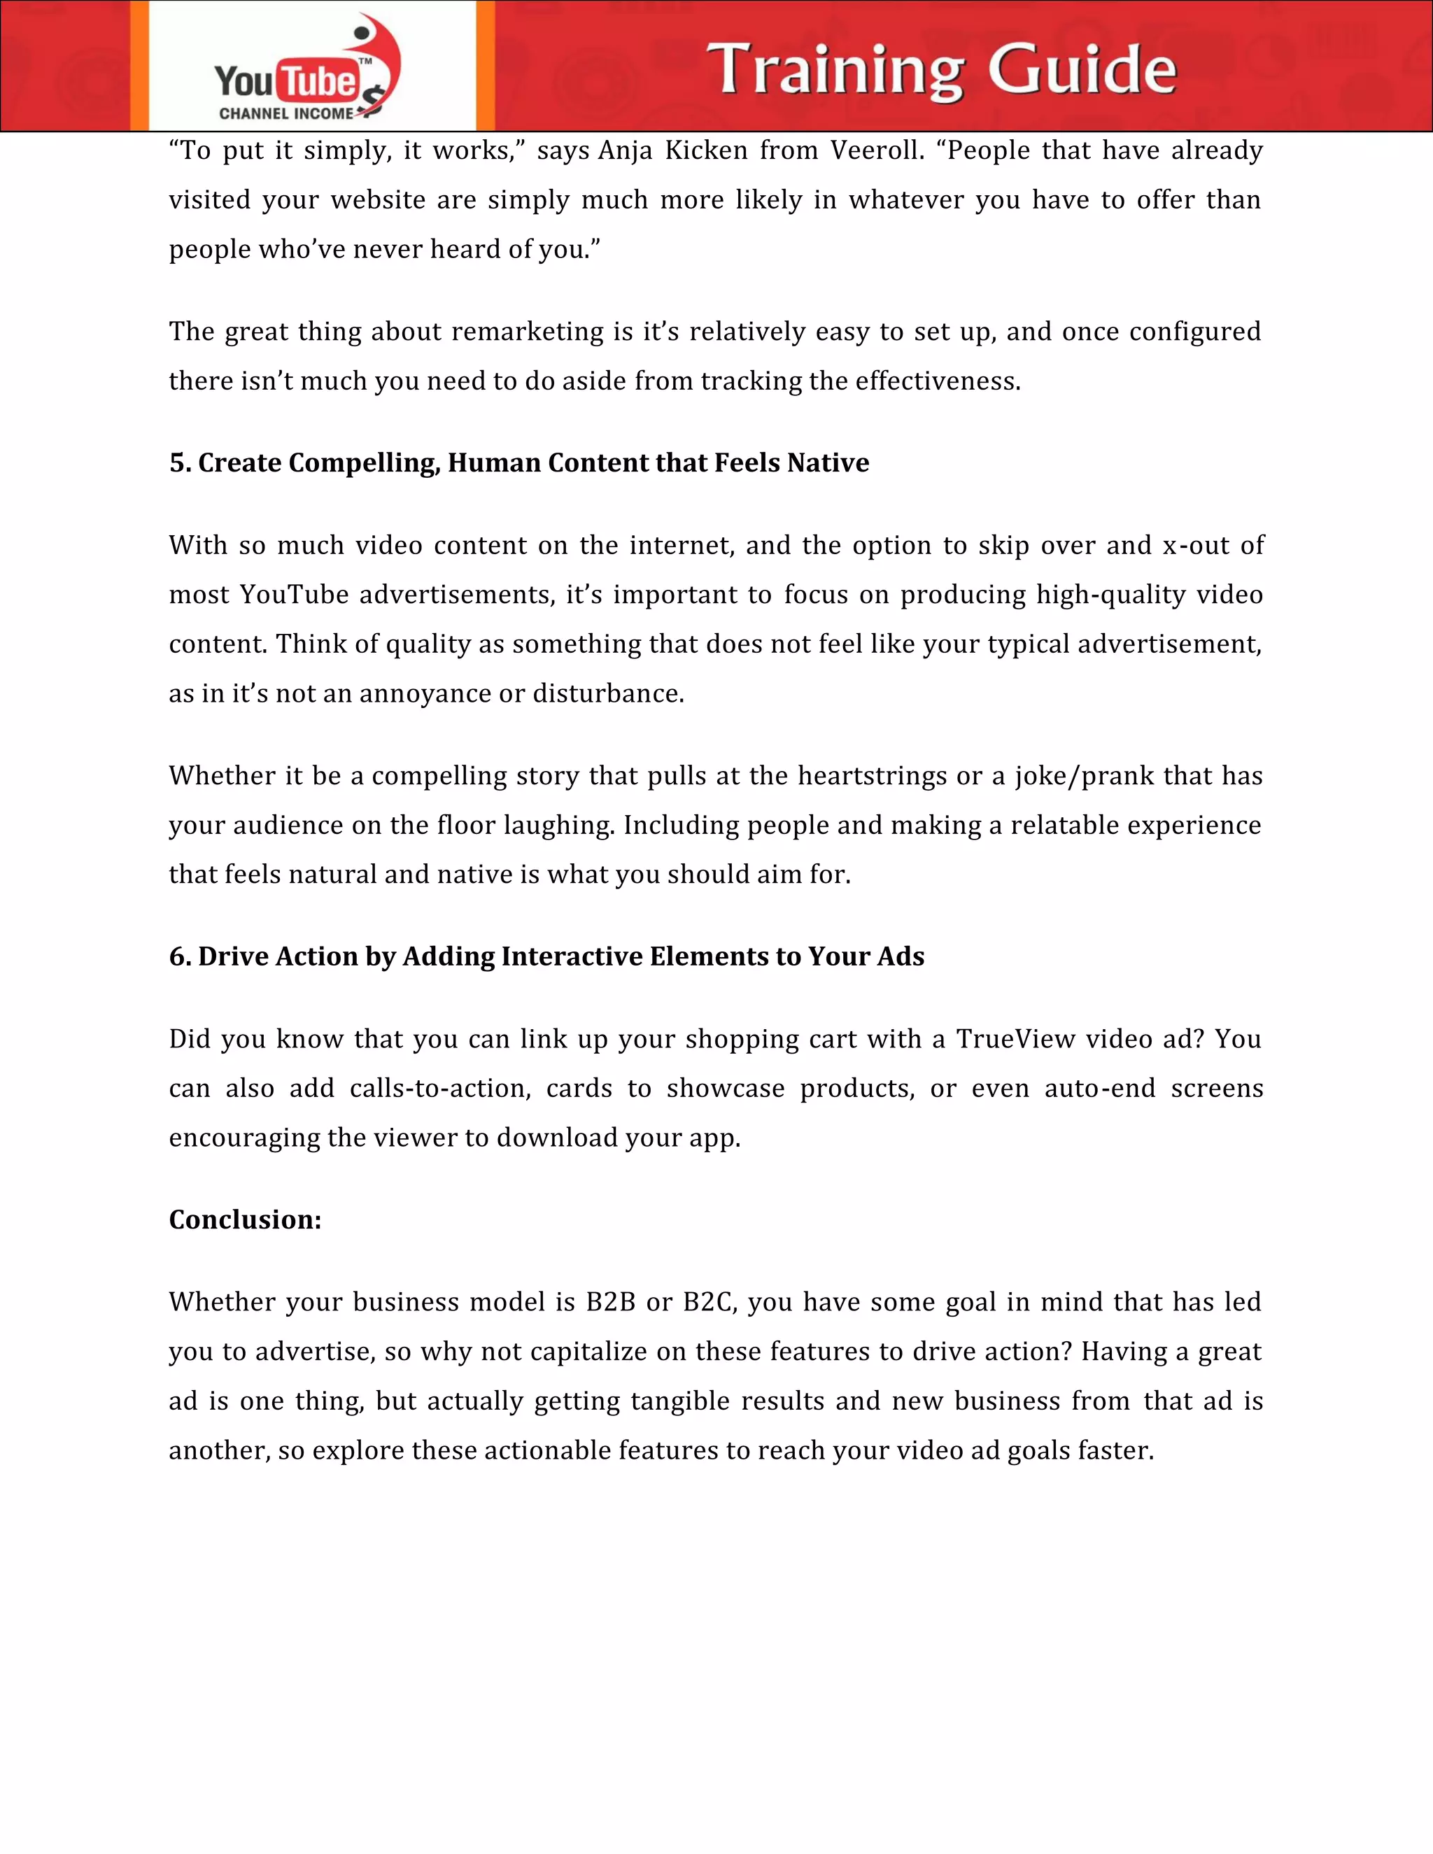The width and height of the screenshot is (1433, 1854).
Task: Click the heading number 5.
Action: coord(179,462)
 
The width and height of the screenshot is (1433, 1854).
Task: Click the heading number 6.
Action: coord(179,956)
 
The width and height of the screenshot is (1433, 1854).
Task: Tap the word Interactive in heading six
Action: coord(573,956)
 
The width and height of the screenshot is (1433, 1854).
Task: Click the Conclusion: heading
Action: coord(244,1220)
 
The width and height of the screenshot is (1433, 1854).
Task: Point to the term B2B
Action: coord(610,1302)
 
